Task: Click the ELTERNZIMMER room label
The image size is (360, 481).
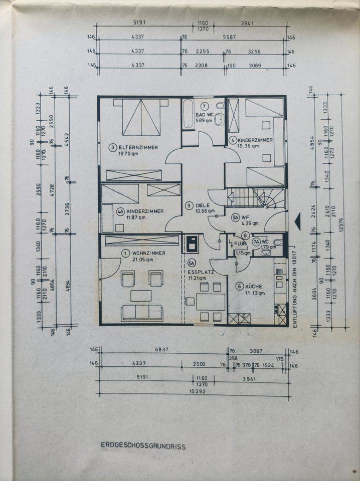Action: tap(137, 147)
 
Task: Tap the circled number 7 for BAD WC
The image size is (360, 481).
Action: tap(204, 106)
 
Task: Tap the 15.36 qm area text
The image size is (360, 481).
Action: tap(248, 146)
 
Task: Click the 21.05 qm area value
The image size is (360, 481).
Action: tap(142, 260)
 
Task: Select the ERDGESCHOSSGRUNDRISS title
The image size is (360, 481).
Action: tap(143, 445)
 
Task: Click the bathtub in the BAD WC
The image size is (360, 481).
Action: tap(188, 115)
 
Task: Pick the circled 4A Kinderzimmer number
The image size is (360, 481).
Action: tap(120, 211)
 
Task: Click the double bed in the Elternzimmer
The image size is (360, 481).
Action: tap(141, 117)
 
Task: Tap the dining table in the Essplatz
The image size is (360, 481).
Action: tap(210, 302)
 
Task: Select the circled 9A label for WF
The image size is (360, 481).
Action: tap(235, 217)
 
